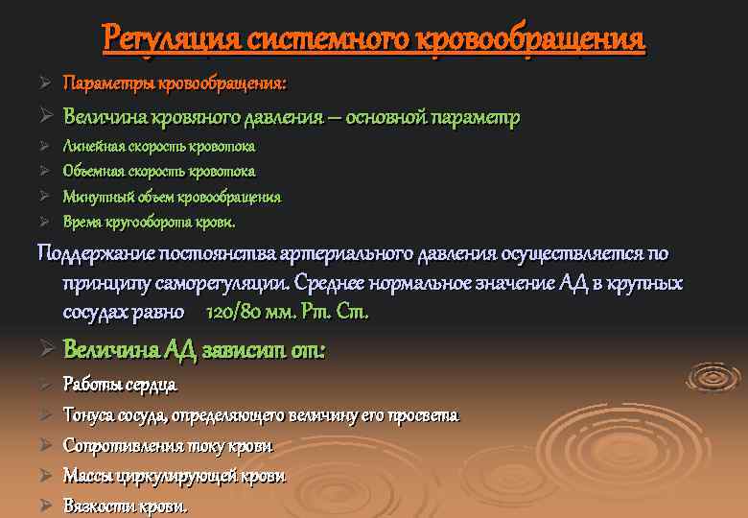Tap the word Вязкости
(x=99, y=506)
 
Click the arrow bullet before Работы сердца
(x=43, y=386)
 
